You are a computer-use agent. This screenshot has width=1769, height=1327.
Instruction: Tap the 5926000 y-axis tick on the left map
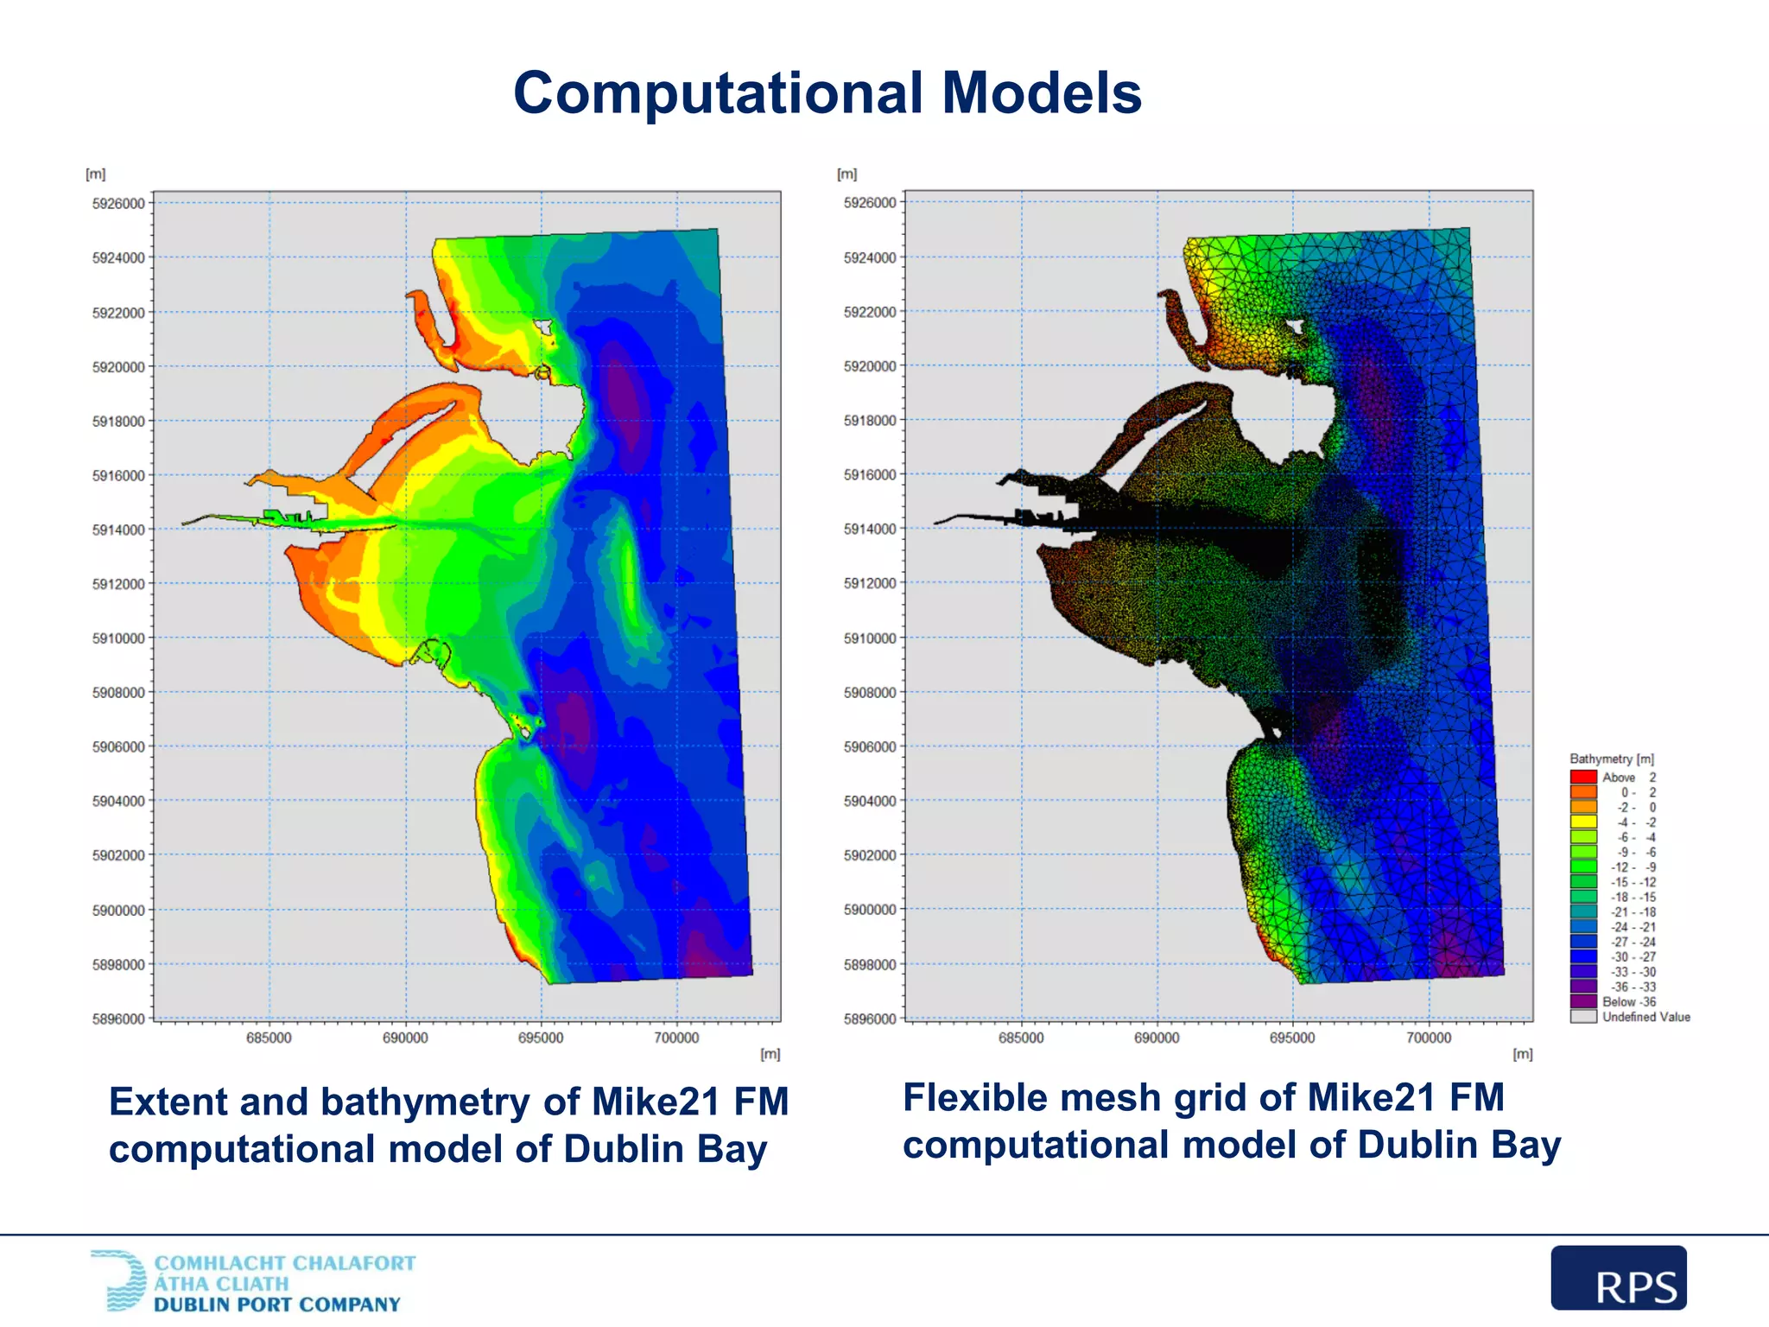click(x=118, y=204)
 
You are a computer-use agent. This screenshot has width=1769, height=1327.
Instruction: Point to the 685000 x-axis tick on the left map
click(x=269, y=1038)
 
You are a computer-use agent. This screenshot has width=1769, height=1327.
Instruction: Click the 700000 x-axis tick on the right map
click(x=1429, y=1038)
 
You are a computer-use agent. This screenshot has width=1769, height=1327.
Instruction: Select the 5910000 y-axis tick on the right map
click(x=870, y=638)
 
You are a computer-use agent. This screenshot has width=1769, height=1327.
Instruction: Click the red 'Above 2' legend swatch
click(x=1582, y=777)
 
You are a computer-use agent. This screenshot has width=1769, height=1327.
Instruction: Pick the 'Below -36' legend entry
click(x=1628, y=1002)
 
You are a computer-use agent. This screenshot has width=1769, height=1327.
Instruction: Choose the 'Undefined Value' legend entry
click(x=1645, y=1017)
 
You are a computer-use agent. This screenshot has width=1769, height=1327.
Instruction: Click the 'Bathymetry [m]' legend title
click(x=1611, y=759)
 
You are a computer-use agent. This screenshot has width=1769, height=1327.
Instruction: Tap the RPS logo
click(x=1618, y=1278)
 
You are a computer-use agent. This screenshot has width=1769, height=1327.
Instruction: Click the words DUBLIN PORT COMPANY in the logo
click(x=277, y=1305)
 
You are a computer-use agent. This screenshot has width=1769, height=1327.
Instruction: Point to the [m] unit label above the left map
click(x=95, y=174)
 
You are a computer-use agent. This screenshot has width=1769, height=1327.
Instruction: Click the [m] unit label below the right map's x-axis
click(x=1522, y=1054)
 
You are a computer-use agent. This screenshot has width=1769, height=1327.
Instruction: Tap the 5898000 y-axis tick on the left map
click(x=118, y=964)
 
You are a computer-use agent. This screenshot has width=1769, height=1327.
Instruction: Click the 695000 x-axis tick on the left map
click(x=541, y=1038)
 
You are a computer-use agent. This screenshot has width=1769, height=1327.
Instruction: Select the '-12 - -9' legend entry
click(x=1633, y=867)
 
